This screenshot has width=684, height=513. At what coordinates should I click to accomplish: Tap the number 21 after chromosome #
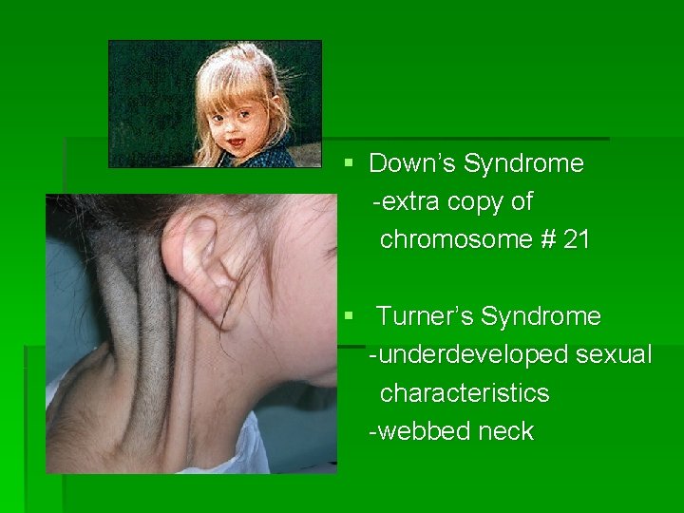pyautogui.click(x=577, y=239)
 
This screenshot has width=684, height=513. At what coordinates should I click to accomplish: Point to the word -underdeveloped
pyautogui.click(x=468, y=354)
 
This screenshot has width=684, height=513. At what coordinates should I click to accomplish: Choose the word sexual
pyautogui.click(x=615, y=354)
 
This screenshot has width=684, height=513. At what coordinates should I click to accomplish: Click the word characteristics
pyautogui.click(x=465, y=393)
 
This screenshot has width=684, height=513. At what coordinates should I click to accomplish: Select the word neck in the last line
pyautogui.click(x=506, y=431)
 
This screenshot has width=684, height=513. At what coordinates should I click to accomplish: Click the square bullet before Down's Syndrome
pyautogui.click(x=349, y=164)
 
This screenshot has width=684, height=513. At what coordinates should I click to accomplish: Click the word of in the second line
pyautogui.click(x=522, y=201)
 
